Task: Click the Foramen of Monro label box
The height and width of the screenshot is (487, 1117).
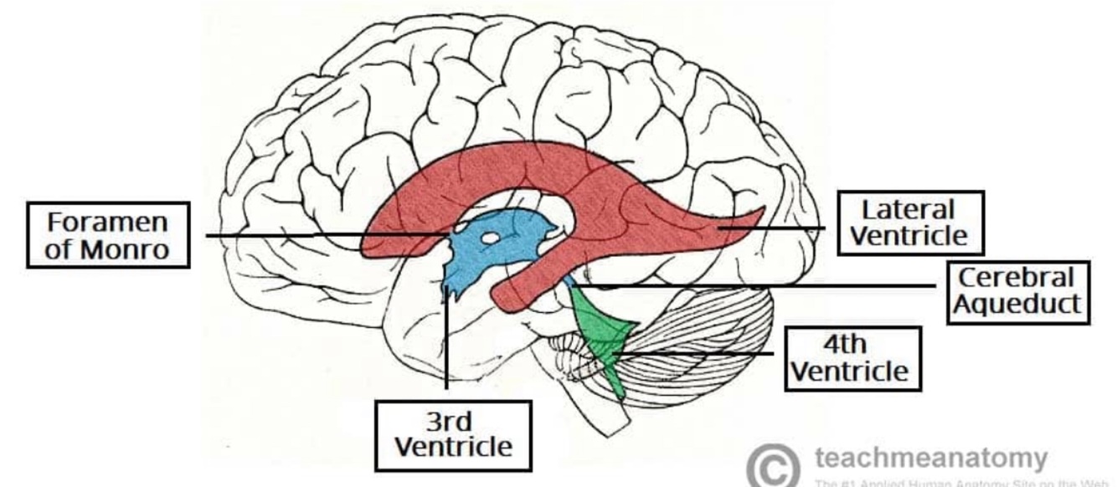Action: click(x=108, y=235)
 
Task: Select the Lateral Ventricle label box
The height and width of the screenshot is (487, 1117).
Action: click(x=909, y=223)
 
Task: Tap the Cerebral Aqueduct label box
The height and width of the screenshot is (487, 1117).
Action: click(x=1017, y=291)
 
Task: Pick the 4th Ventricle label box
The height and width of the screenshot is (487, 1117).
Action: click(x=851, y=358)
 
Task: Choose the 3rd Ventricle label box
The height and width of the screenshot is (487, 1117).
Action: click(x=453, y=435)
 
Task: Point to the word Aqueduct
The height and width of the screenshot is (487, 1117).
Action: click(x=1017, y=304)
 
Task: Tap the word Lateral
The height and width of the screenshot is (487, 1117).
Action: click(x=909, y=209)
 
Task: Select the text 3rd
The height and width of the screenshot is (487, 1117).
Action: click(x=453, y=421)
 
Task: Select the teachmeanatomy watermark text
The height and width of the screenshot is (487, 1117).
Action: click(x=929, y=458)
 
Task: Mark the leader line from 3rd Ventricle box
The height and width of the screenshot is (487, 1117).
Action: click(x=446, y=351)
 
